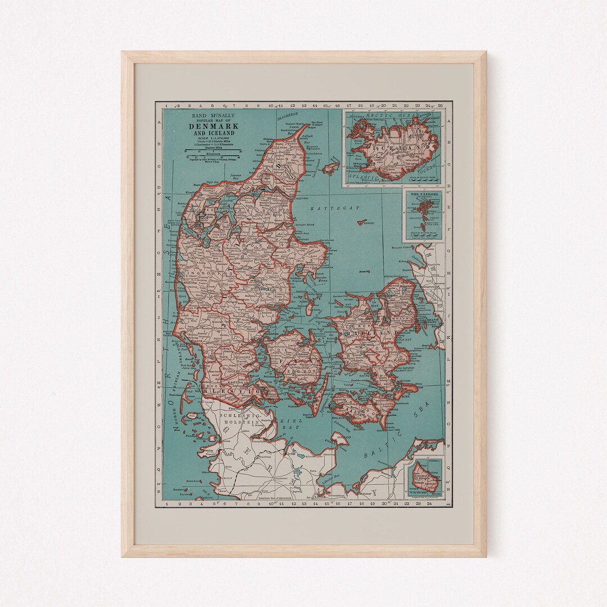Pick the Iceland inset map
(392, 147)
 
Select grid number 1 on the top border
(166, 105)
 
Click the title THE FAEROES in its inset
(423, 194)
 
